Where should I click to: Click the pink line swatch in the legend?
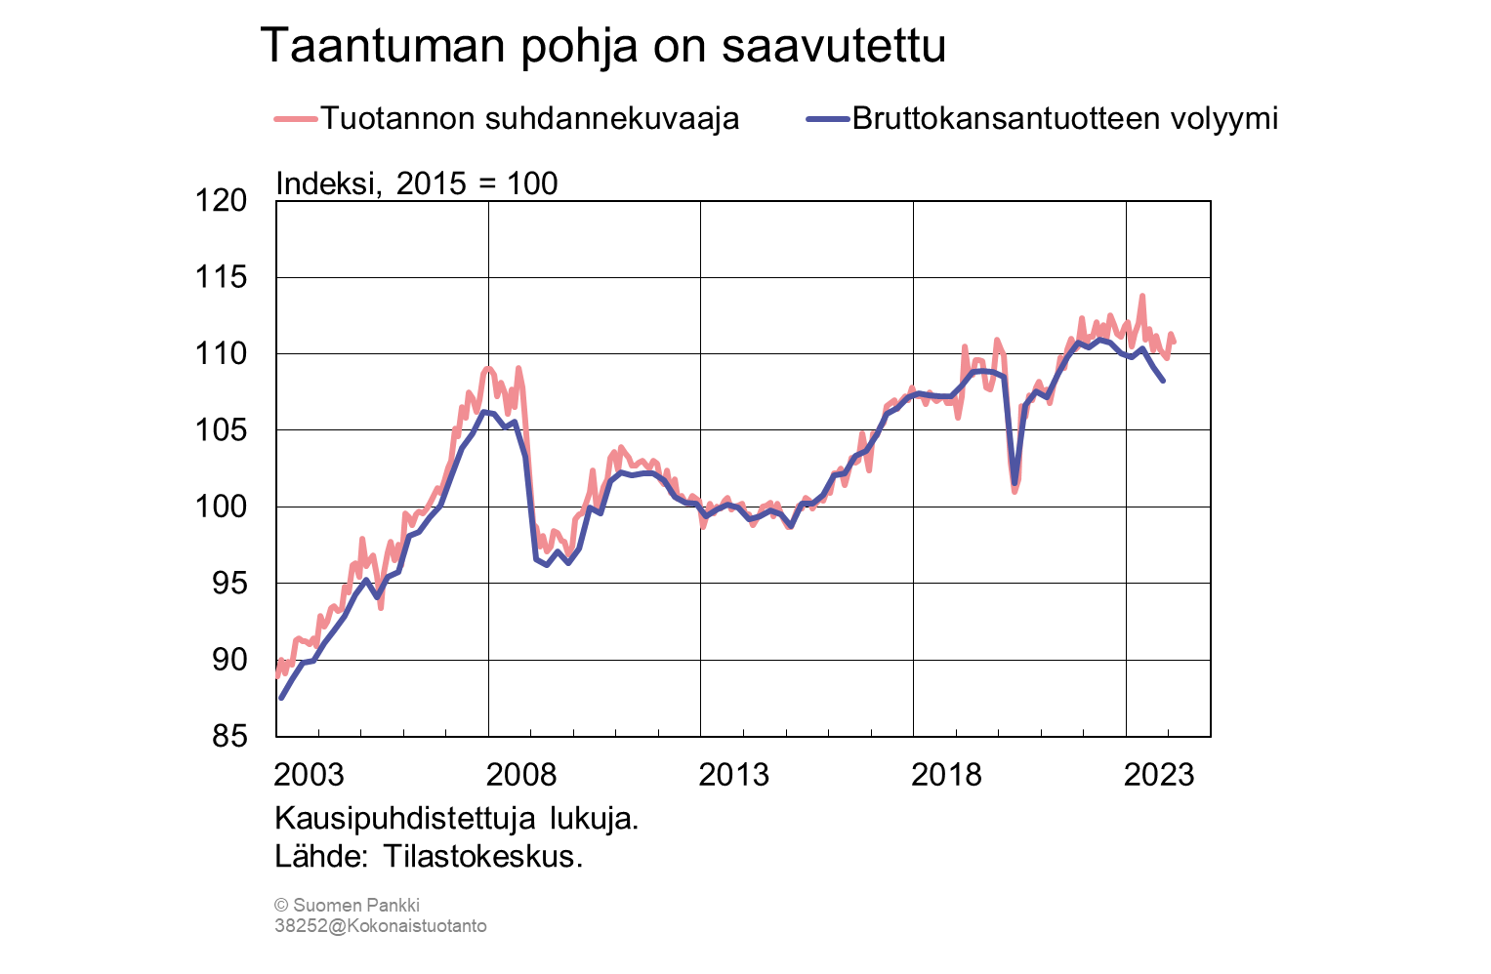(295, 119)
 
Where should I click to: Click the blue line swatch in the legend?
(827, 119)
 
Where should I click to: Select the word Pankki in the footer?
(393, 905)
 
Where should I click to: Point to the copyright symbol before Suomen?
(280, 906)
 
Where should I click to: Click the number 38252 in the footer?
(300, 926)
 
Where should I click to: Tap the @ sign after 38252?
(336, 926)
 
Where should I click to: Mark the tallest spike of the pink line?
(1141, 296)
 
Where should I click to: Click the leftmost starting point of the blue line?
(281, 698)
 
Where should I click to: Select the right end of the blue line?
(1163, 380)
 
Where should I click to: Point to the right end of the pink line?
(1174, 341)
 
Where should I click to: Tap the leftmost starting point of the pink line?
(277, 674)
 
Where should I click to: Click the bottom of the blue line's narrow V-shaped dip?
(1015, 482)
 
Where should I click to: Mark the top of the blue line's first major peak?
(487, 412)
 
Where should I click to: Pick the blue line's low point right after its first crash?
(547, 564)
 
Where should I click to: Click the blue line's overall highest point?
(1103, 340)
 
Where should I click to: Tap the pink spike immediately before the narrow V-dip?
(996, 341)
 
